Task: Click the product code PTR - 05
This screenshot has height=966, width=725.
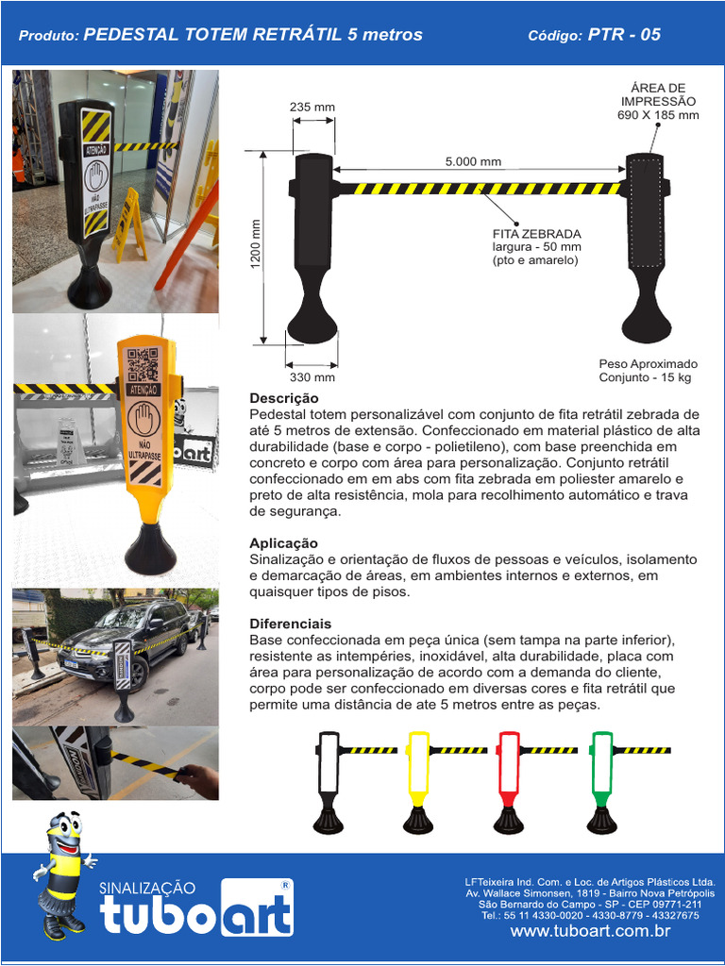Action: coord(624,35)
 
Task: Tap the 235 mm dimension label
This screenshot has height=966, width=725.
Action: coord(312,107)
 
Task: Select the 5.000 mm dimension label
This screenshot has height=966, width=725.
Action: coord(473,161)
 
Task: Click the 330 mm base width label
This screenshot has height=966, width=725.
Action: coord(312,376)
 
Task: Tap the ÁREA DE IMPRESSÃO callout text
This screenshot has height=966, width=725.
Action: coord(658,102)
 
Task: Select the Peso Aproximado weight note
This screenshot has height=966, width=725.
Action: coord(648,370)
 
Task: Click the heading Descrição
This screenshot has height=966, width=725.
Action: coord(283,398)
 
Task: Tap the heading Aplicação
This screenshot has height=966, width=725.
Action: coord(283,543)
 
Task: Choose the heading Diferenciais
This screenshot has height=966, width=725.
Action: coord(290,624)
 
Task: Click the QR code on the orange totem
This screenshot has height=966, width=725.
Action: coord(143,364)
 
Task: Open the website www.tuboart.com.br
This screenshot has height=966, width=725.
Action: coord(590,931)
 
